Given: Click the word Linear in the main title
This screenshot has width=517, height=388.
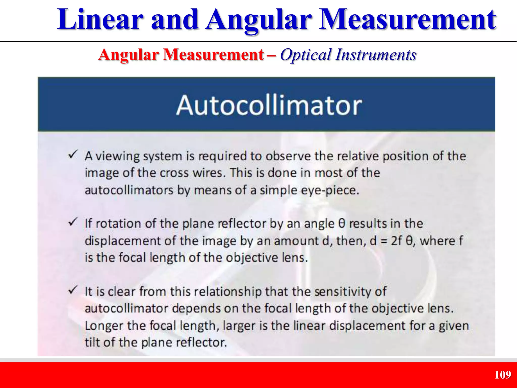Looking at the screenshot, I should (x=100, y=20).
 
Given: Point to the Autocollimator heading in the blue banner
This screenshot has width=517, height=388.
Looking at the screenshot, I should (x=269, y=106).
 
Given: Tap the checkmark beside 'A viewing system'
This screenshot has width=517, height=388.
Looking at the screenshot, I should (x=73, y=154).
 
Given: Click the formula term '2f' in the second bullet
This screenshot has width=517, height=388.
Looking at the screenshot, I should (x=396, y=241).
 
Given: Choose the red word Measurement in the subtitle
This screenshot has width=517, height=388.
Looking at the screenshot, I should (x=214, y=55).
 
